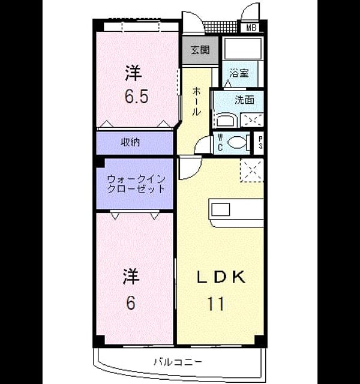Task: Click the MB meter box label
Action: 251,28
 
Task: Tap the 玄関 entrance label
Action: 200,50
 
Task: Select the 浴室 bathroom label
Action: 239,73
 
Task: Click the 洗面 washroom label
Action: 244,100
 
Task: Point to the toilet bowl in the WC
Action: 236,143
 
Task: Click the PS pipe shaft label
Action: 260,143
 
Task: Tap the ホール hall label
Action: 196,101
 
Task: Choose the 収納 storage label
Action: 131,142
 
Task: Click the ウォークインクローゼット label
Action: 136,184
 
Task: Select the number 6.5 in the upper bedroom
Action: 137,97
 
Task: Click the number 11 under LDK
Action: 216,304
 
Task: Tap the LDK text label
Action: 221,277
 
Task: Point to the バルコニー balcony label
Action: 178,362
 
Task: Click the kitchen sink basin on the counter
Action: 220,209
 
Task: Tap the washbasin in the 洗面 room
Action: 227,120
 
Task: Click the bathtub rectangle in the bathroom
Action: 243,49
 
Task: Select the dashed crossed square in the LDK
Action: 252,170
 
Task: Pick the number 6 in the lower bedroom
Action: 131,303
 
